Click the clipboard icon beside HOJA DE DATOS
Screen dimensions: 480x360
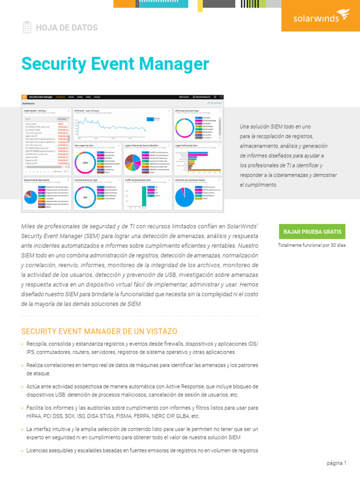27,27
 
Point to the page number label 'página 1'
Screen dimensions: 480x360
337,463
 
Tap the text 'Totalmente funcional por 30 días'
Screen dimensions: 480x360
311,245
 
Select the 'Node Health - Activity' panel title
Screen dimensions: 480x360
35,111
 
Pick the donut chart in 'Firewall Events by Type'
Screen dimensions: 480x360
85,197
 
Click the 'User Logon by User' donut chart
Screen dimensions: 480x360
85,162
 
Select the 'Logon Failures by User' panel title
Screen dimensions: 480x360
187,146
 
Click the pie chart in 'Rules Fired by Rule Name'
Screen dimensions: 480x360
31,197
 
